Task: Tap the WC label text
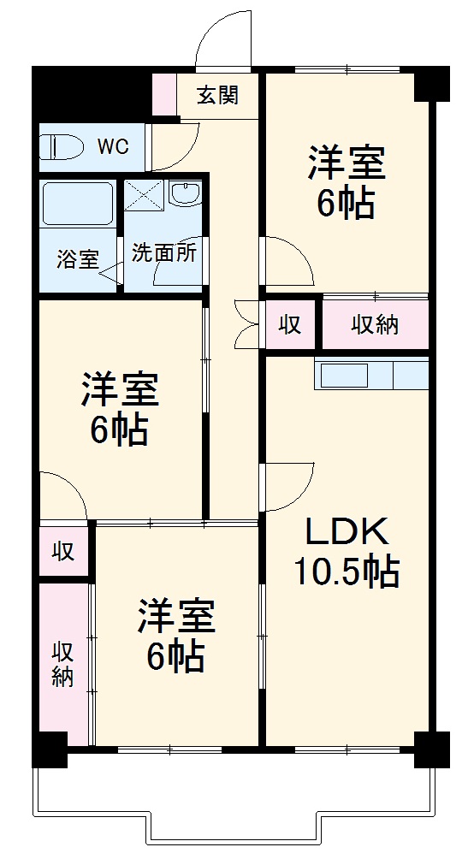(x=112, y=146)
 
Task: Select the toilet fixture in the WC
(x=62, y=146)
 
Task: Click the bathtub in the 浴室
(x=77, y=206)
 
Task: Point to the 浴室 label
(x=77, y=259)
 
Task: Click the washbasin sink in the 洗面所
(x=184, y=195)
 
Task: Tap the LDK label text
(x=347, y=533)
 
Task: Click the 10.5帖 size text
(x=347, y=571)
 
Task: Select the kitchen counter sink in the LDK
(x=344, y=375)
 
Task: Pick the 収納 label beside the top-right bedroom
(x=376, y=325)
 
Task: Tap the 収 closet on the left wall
(x=62, y=551)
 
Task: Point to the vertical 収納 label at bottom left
(x=62, y=664)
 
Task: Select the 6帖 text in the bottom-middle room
(x=175, y=656)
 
